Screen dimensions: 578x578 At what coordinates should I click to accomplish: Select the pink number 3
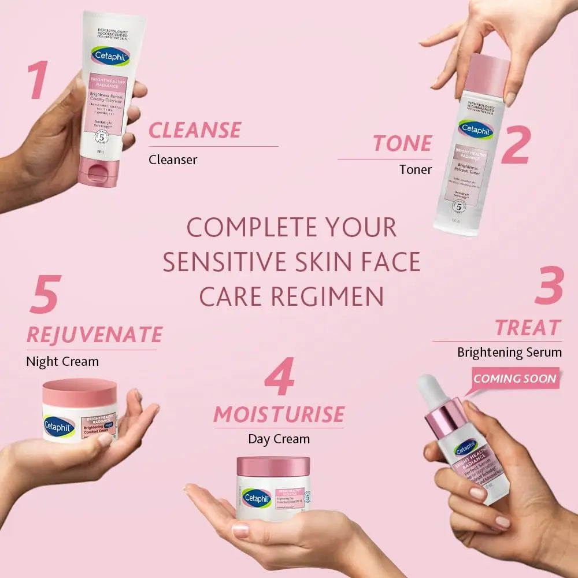(548, 286)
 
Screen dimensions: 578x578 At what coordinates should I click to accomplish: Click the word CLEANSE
(195, 130)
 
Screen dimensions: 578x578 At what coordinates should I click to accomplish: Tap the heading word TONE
(402, 143)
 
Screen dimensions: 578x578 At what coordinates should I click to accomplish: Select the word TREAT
(528, 328)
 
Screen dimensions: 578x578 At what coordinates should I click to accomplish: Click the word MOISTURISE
(279, 414)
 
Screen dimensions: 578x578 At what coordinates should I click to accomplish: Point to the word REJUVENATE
(94, 335)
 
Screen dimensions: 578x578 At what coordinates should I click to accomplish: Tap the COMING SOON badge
(515, 379)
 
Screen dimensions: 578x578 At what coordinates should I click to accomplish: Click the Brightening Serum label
(509, 352)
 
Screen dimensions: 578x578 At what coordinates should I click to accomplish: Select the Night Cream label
(62, 362)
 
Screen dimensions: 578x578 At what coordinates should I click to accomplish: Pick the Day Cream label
(279, 439)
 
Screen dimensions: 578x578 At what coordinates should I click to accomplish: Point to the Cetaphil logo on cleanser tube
(110, 56)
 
